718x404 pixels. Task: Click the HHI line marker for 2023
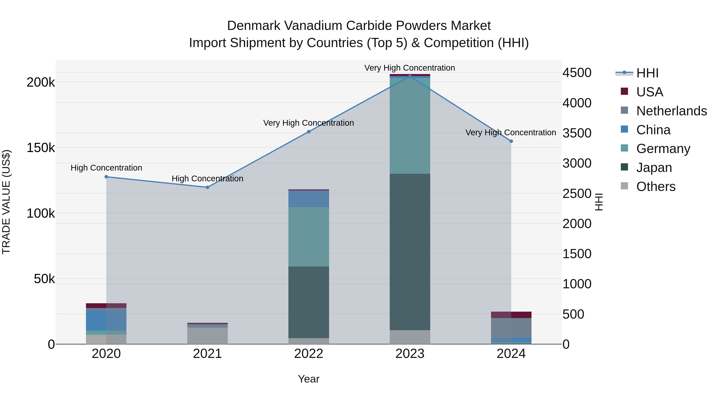410,76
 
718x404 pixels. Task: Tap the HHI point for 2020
106,177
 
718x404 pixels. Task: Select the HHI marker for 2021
207,187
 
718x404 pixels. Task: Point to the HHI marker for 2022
309,132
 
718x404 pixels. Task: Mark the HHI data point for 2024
511,141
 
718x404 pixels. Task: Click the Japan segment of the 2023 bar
410,251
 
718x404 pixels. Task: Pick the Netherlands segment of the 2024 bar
511,328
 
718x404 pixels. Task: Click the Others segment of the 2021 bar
207,336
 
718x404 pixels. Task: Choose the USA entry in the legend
649,92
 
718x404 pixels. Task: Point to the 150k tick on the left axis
41,148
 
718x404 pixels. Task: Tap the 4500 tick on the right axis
577,73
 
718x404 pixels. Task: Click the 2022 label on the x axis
309,354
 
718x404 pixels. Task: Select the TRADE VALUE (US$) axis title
6,202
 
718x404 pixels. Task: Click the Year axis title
309,379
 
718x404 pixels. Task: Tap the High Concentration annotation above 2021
207,178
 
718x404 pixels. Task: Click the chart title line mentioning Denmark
359,26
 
